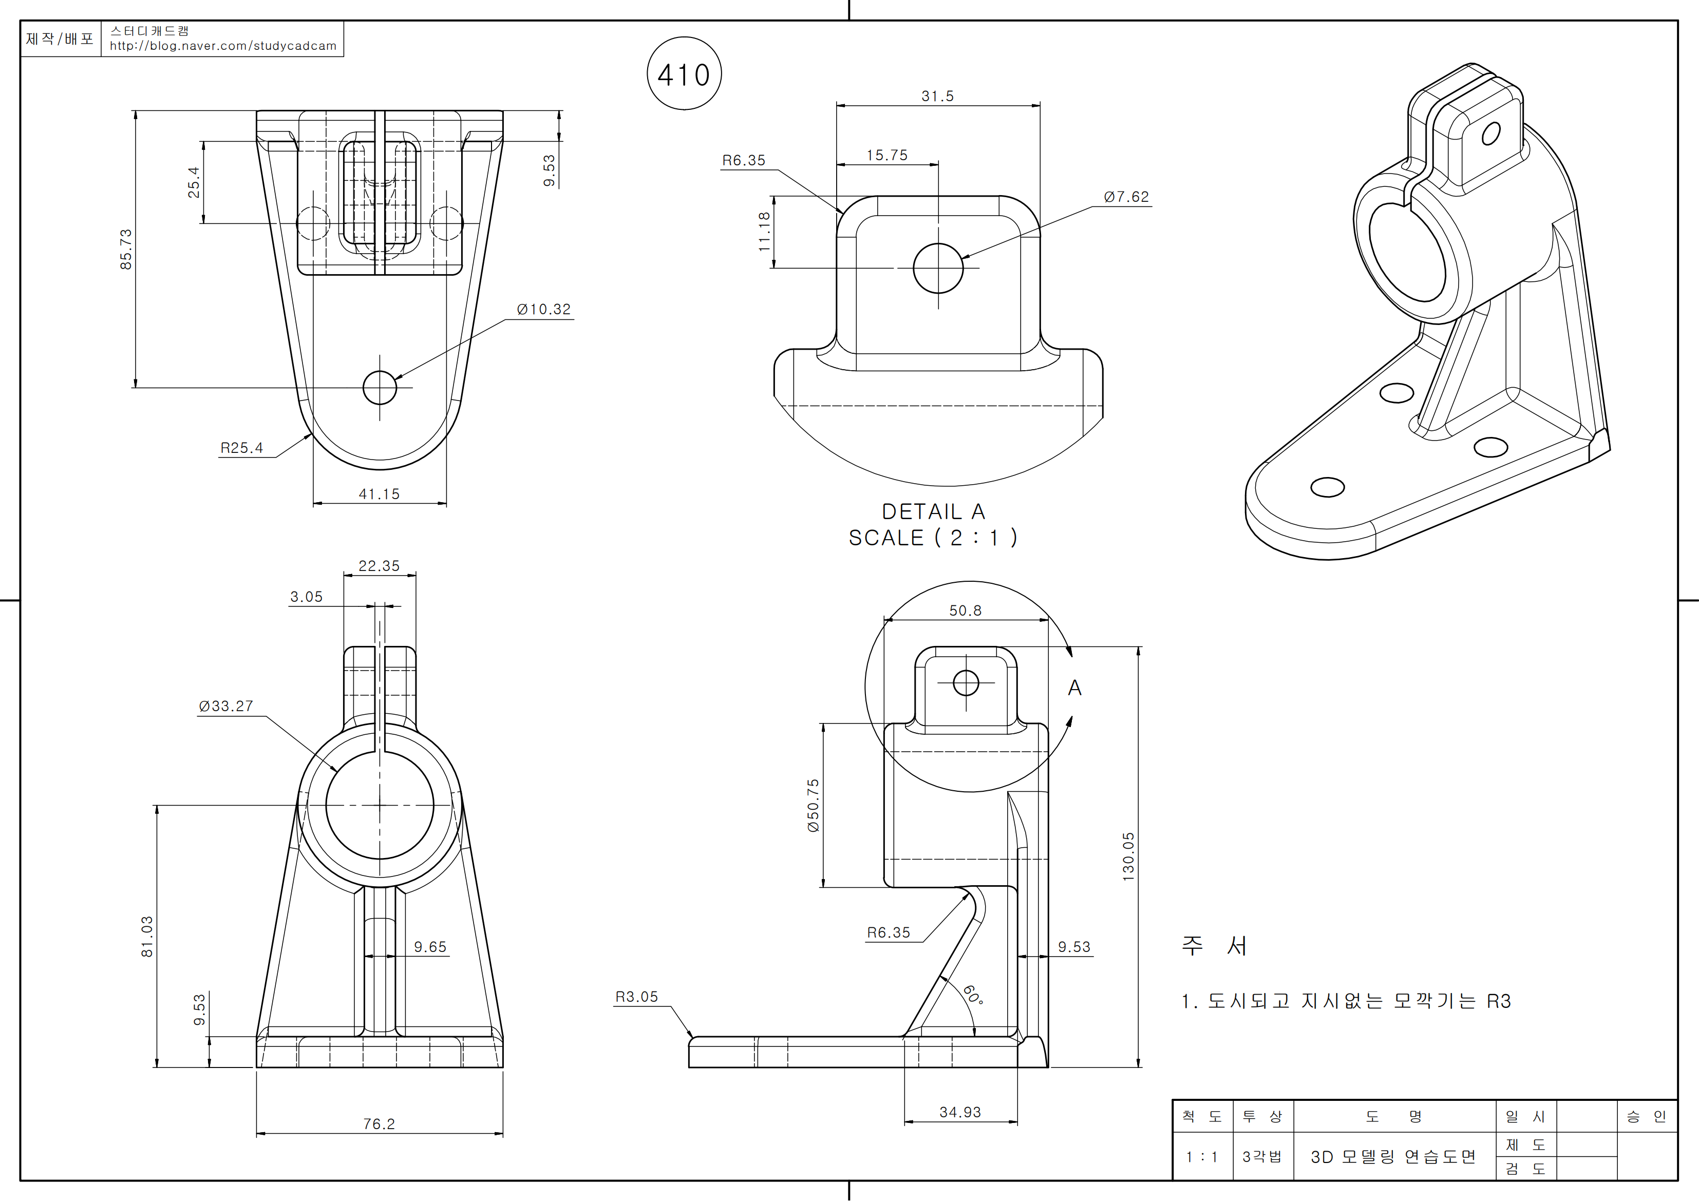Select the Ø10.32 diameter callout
pos(544,309)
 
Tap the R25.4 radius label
pos(241,448)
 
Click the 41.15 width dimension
pos(379,493)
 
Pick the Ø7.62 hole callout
pos(1126,197)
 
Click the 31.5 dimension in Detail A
pos(937,96)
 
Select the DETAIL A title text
pos(933,511)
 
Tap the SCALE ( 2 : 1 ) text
pos(933,538)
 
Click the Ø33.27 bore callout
pos(225,706)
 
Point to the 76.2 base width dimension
pos(379,1124)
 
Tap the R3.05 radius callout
pos(636,997)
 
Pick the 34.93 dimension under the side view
pos(960,1112)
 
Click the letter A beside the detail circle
pos(1074,688)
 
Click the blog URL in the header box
pos(223,46)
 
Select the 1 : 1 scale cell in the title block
pos(1202,1157)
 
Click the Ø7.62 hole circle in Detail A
pos(938,268)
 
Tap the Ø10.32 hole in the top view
pos(380,388)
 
